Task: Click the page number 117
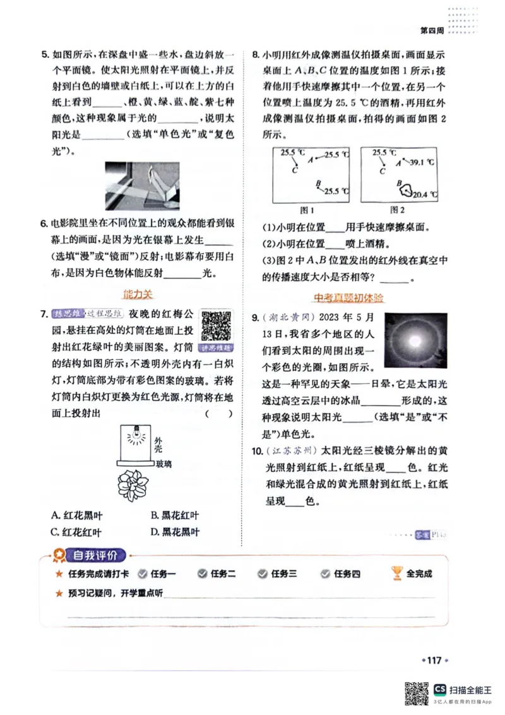point(434,660)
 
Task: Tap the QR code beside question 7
point(217,325)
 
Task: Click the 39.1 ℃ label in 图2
point(419,162)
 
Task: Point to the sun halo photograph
point(415,341)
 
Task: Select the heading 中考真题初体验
point(348,297)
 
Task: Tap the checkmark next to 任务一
point(143,574)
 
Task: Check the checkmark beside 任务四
point(326,574)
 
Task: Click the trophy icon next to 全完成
point(396,573)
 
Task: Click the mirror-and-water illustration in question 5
point(142,186)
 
